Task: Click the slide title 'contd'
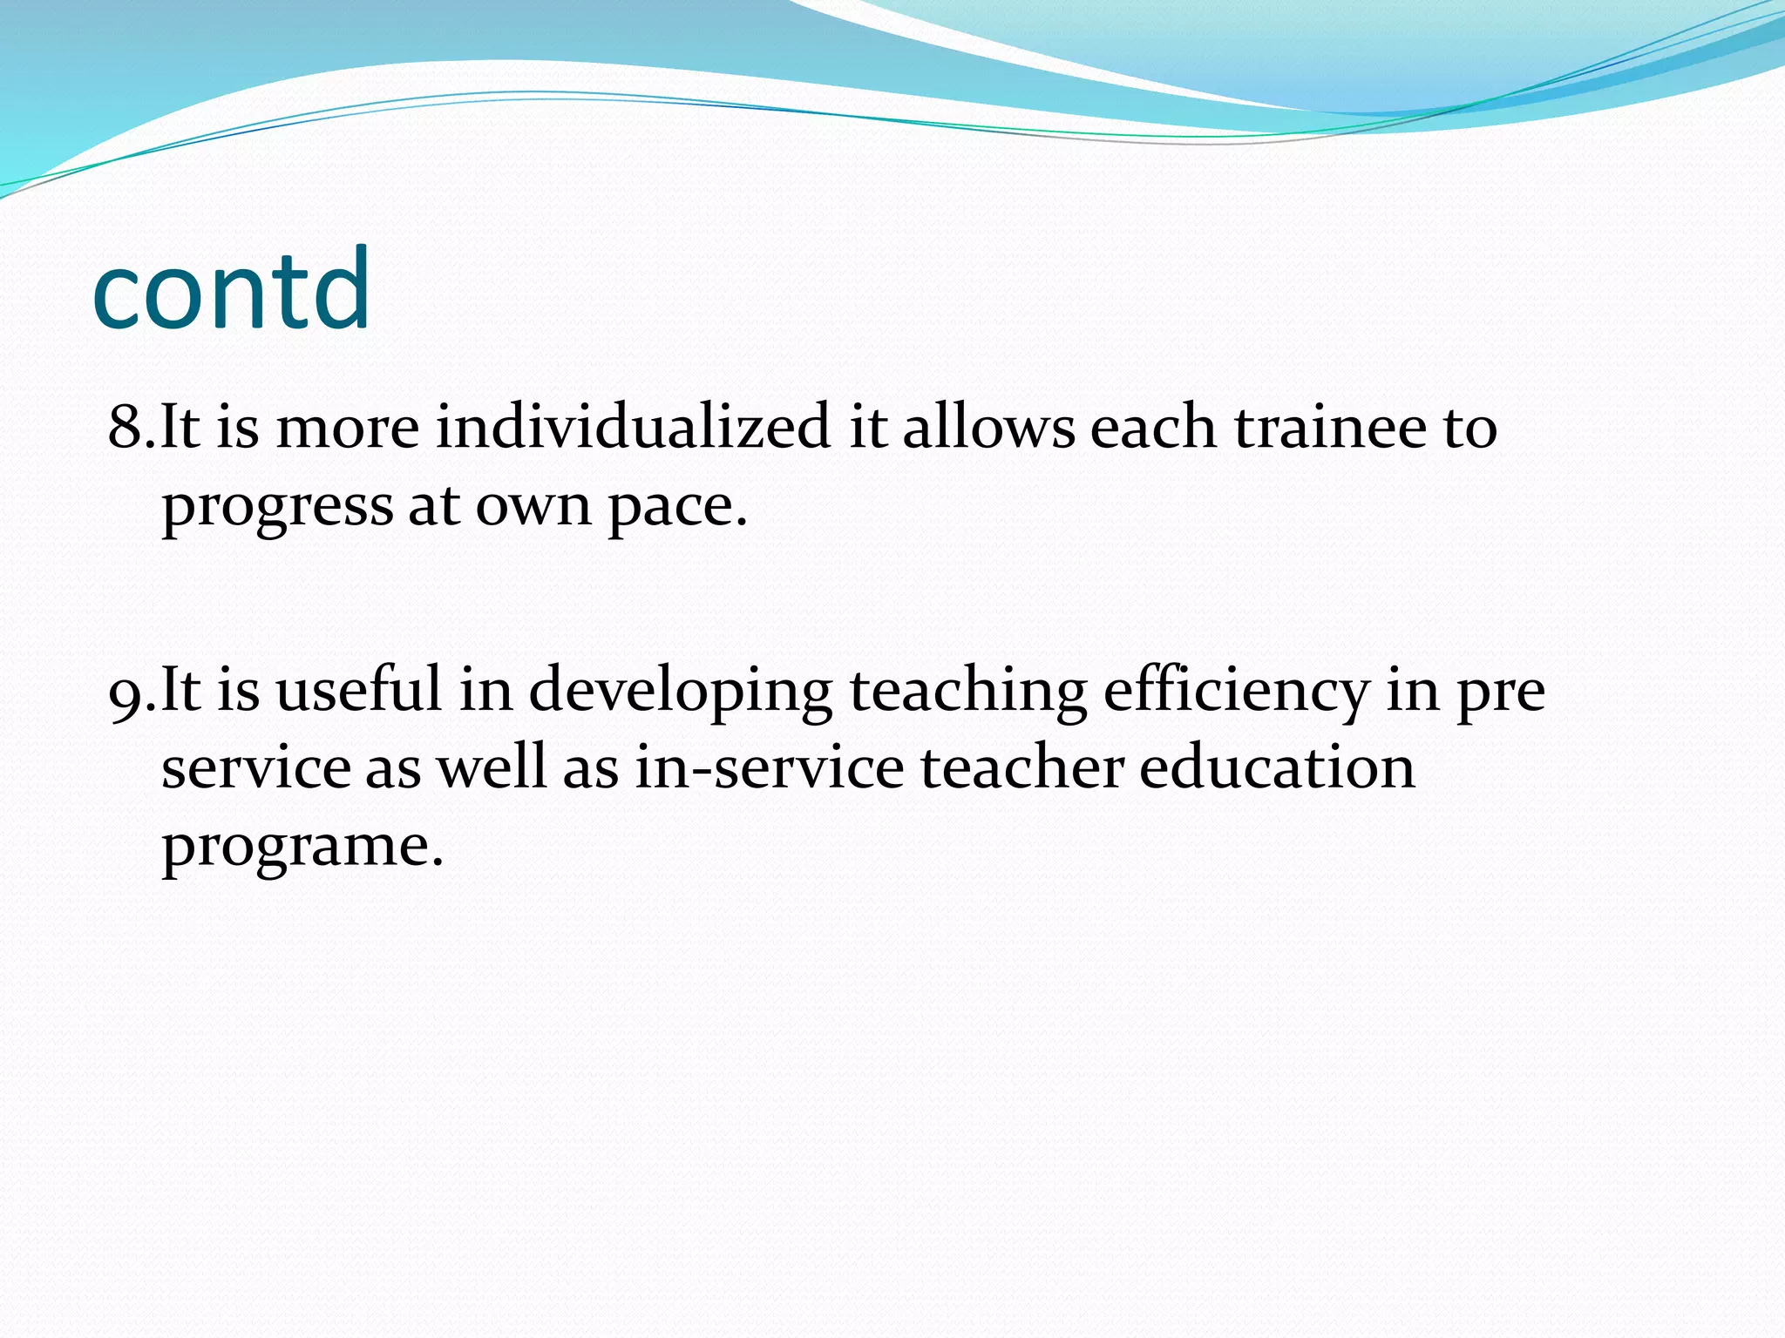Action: coord(231,290)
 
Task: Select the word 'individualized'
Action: coord(633,428)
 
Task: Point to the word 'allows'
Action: coord(988,428)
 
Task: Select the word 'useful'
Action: coord(358,690)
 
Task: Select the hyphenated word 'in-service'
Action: coord(769,768)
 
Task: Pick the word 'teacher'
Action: coord(1021,768)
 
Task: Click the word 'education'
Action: coord(1277,768)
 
